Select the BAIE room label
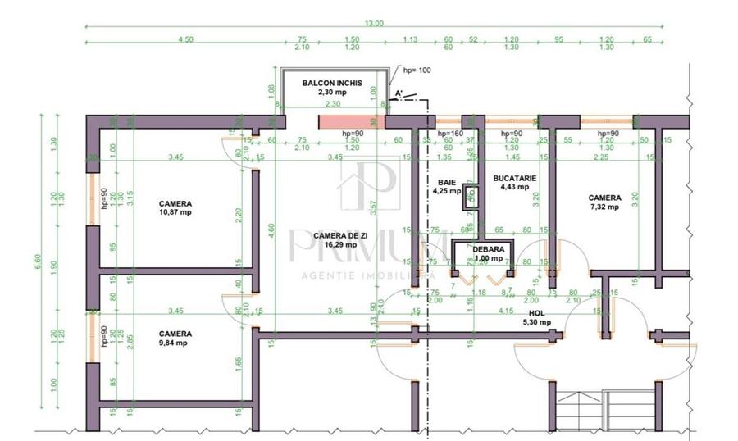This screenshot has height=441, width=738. click(446, 183)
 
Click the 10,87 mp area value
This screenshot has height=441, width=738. click(175, 212)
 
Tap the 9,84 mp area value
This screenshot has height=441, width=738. click(175, 343)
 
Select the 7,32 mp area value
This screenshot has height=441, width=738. click(604, 207)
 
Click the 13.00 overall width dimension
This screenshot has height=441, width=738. click(374, 23)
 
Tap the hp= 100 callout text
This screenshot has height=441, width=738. click(415, 70)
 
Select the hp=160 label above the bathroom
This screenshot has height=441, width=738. click(450, 134)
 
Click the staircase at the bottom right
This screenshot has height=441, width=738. click(603, 410)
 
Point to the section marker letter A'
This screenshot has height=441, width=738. click(399, 94)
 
